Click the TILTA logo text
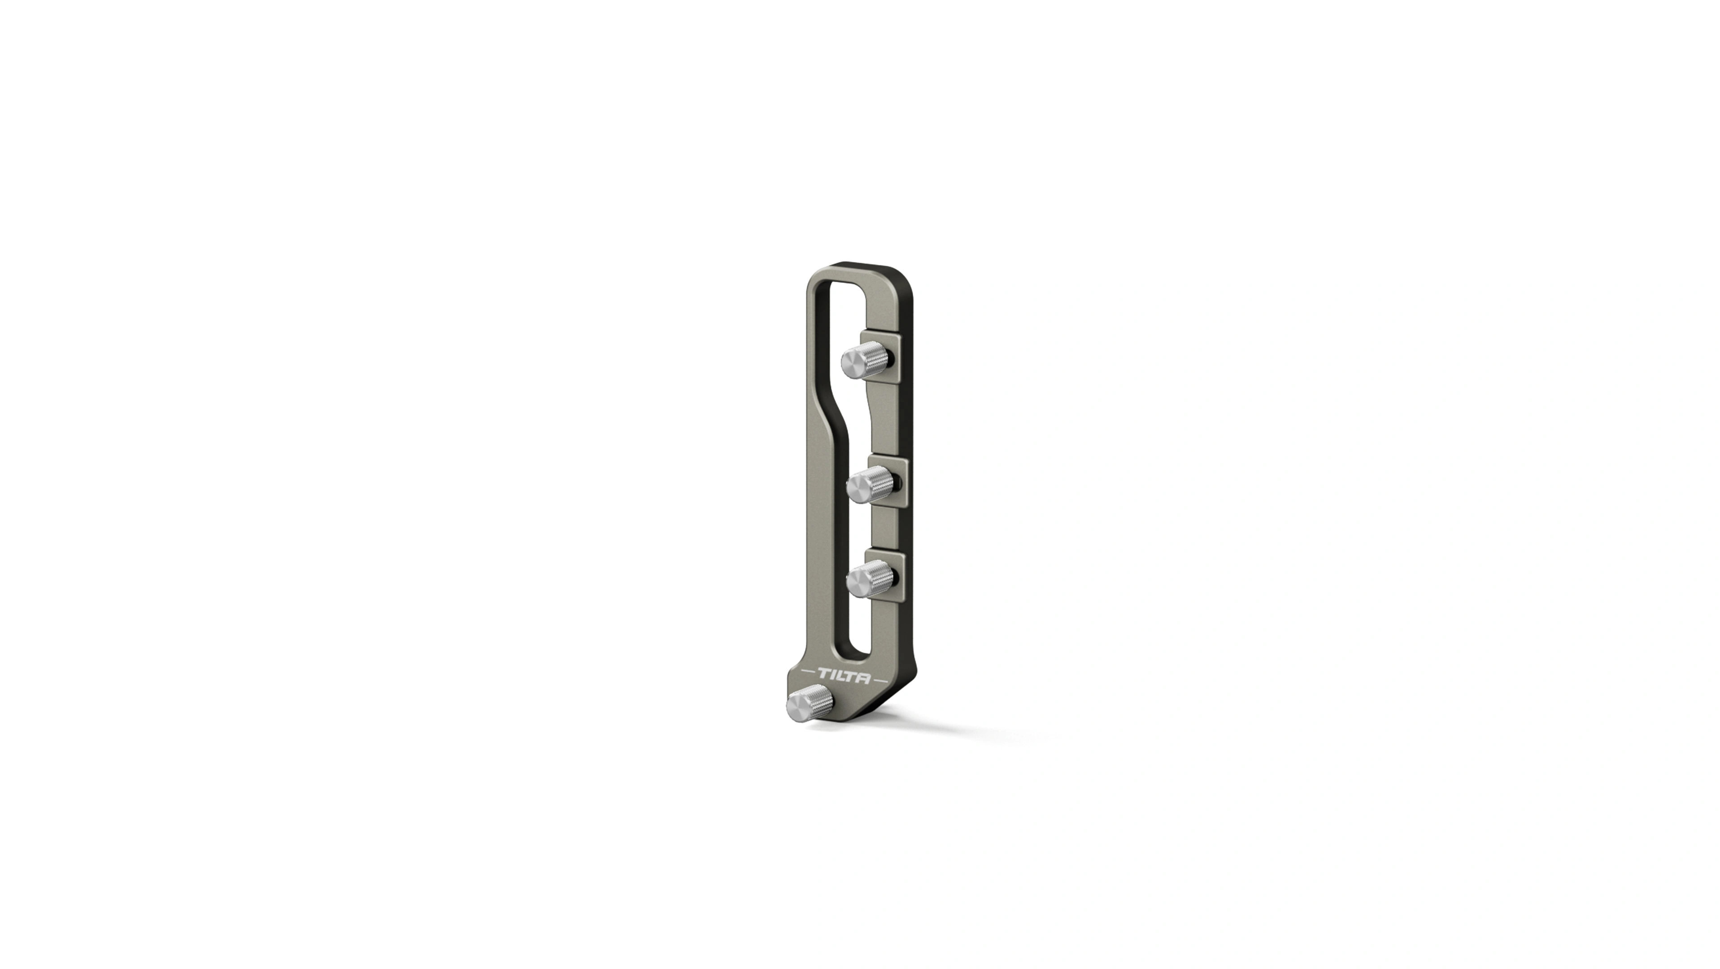coord(844,677)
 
